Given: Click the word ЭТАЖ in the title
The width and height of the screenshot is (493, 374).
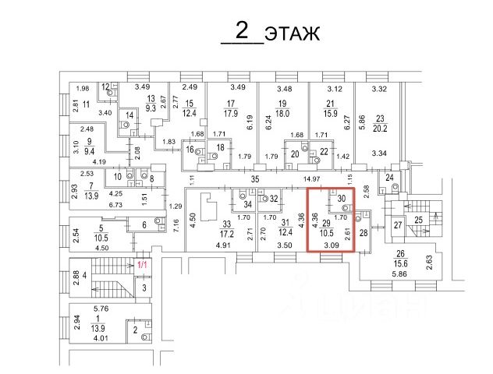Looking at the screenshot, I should (293, 34).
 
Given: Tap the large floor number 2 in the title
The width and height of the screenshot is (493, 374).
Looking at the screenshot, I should (242, 31).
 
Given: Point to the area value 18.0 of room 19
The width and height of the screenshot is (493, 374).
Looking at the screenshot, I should (283, 113).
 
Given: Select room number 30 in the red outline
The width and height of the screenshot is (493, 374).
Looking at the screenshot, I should (341, 199).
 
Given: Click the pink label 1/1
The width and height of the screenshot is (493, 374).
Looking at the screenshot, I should (142, 266).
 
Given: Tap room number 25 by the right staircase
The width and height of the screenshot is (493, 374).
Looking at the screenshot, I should (420, 221).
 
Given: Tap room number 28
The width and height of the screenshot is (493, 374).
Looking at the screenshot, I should (364, 233).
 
